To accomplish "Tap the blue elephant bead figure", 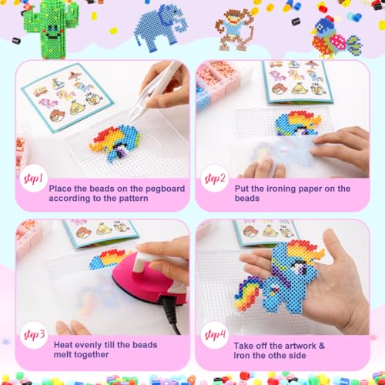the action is pyautogui.click(x=160, y=28).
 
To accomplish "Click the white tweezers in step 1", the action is pyautogui.click(x=156, y=87).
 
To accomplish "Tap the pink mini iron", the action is pyautogui.click(x=148, y=280).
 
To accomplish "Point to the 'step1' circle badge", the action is pyautogui.click(x=34, y=179).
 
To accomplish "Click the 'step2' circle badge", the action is pyautogui.click(x=214, y=179).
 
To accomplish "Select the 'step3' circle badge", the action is pyautogui.click(x=34, y=335).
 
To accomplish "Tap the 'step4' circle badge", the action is pyautogui.click(x=215, y=335).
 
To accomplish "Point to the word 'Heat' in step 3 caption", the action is pyautogui.click(x=63, y=345).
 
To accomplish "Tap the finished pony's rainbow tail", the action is pyautogui.click(x=249, y=295).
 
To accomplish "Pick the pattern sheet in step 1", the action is pyautogui.click(x=68, y=98).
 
